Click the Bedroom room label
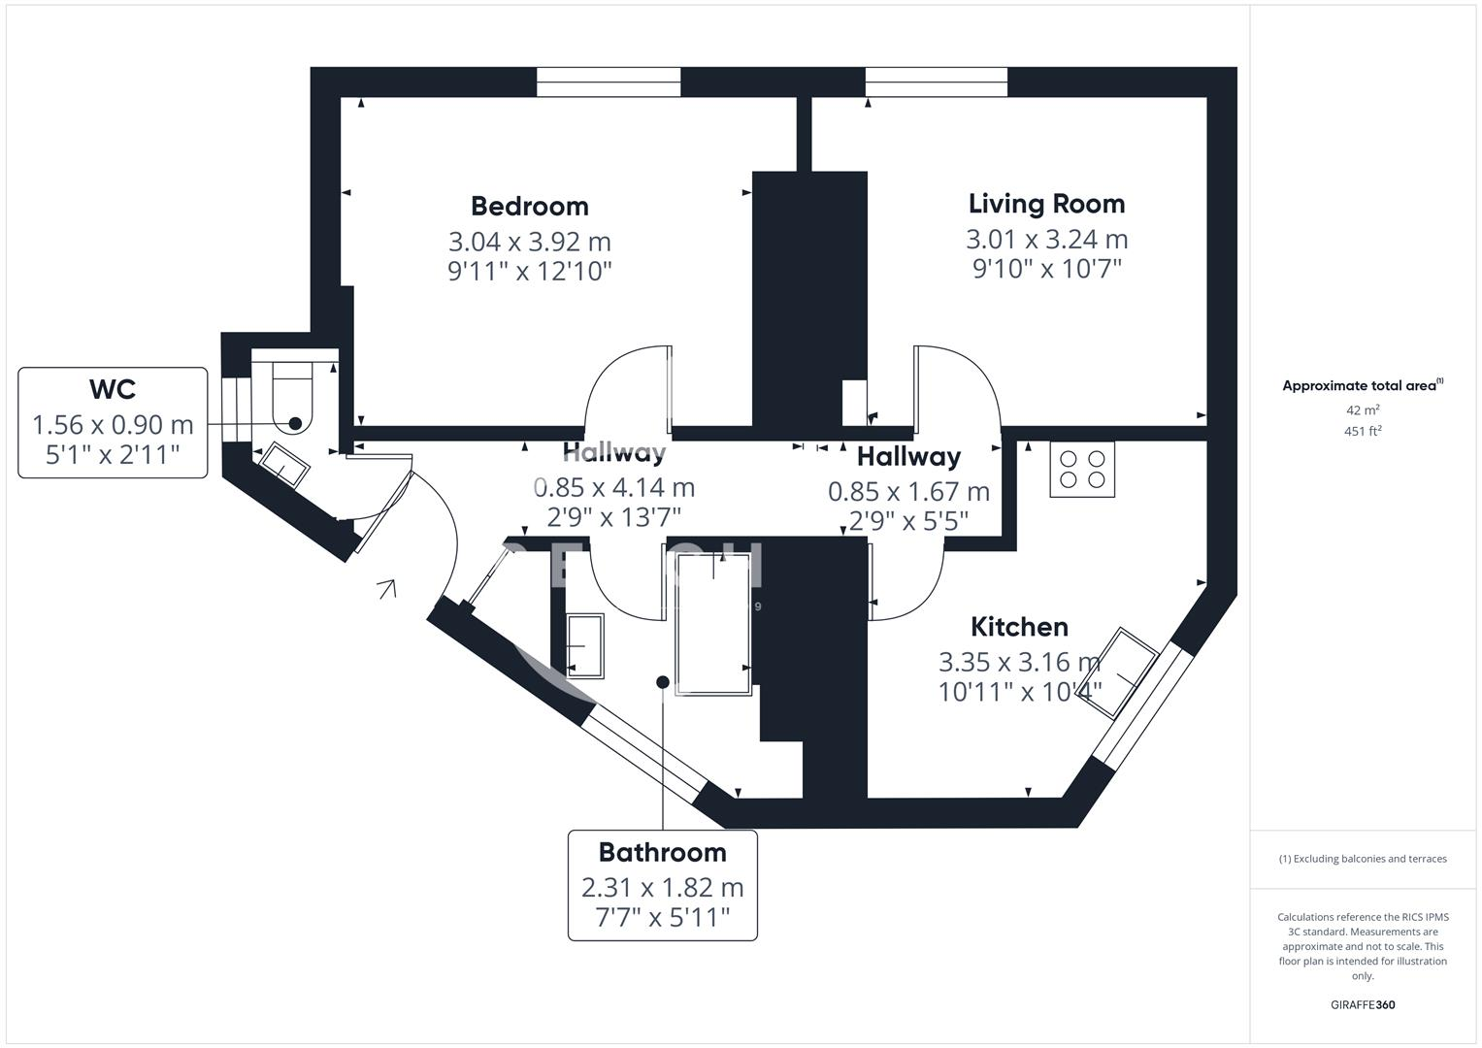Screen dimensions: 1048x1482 pos(529,206)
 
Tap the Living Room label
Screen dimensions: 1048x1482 pos(1046,204)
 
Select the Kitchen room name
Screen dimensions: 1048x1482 pos(1019,627)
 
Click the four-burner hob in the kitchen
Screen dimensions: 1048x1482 pos(1082,470)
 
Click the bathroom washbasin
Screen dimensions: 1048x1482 pos(584,644)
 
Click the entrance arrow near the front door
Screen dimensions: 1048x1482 pos(387,588)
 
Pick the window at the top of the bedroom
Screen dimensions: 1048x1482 pos(609,82)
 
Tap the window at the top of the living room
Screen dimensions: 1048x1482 pos(937,82)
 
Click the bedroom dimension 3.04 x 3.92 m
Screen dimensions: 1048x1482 pos(529,241)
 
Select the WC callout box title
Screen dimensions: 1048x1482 pos(113,389)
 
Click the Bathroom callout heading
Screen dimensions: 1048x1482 pos(662,852)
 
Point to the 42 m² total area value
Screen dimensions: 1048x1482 pos(1362,410)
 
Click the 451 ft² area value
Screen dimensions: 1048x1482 pos(1362,432)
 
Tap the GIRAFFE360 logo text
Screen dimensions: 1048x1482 pos(1362,1004)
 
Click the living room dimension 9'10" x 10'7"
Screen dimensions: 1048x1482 pos(1046,268)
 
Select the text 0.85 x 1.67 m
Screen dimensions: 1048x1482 pos(908,492)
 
